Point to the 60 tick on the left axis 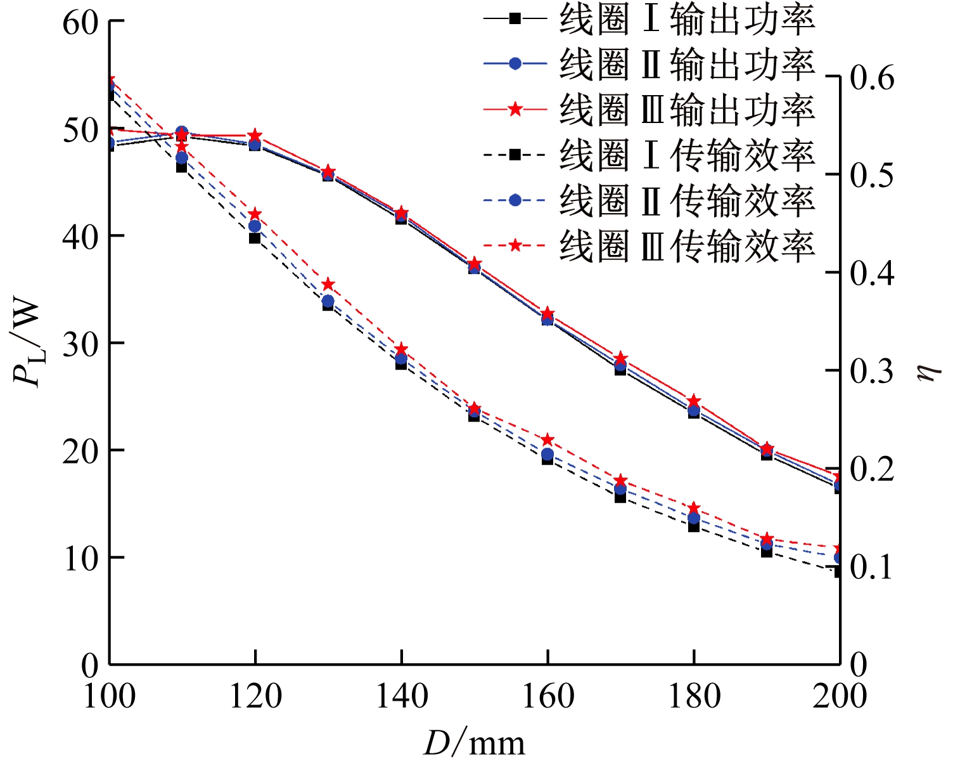(x=80, y=22)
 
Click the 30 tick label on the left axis (x=80, y=344)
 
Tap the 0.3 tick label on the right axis (x=872, y=371)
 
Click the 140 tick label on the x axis (x=402, y=696)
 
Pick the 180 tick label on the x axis (x=694, y=696)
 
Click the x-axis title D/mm (x=474, y=743)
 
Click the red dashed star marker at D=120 (x=255, y=214)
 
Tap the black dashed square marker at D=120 (x=255, y=238)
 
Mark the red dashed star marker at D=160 (x=547, y=440)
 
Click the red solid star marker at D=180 (x=694, y=401)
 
